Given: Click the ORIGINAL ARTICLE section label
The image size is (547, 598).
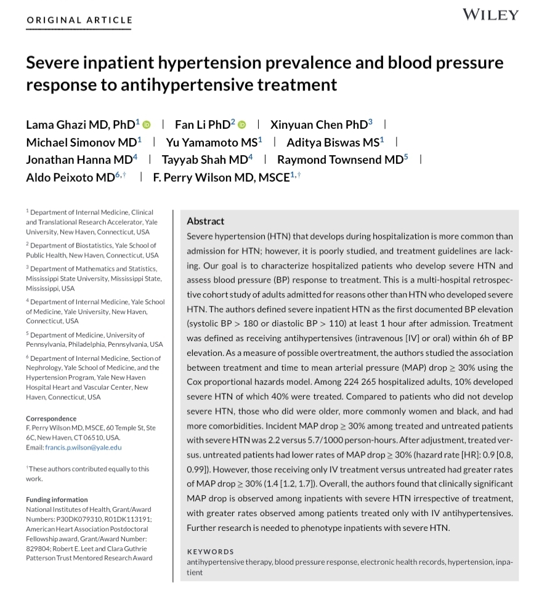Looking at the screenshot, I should point(79,20).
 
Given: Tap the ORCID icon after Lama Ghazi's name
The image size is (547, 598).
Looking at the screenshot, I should point(147,125).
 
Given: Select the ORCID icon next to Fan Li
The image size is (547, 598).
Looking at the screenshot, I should point(241,125).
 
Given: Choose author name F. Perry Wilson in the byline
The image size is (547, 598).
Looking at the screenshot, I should point(220,178).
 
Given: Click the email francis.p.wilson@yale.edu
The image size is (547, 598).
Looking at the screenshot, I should point(83,448).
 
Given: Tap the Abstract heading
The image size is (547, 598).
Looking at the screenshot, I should point(206,221).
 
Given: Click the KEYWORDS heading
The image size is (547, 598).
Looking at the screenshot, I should point(211,552).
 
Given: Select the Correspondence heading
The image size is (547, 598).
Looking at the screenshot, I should point(51,419).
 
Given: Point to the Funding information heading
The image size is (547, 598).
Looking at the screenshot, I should point(57,499).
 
